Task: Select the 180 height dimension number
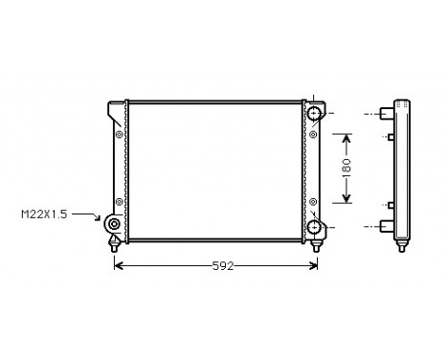346,169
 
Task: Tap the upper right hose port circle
316,116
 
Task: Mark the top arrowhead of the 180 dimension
346,136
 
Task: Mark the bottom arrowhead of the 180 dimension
346,202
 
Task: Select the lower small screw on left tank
119,201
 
